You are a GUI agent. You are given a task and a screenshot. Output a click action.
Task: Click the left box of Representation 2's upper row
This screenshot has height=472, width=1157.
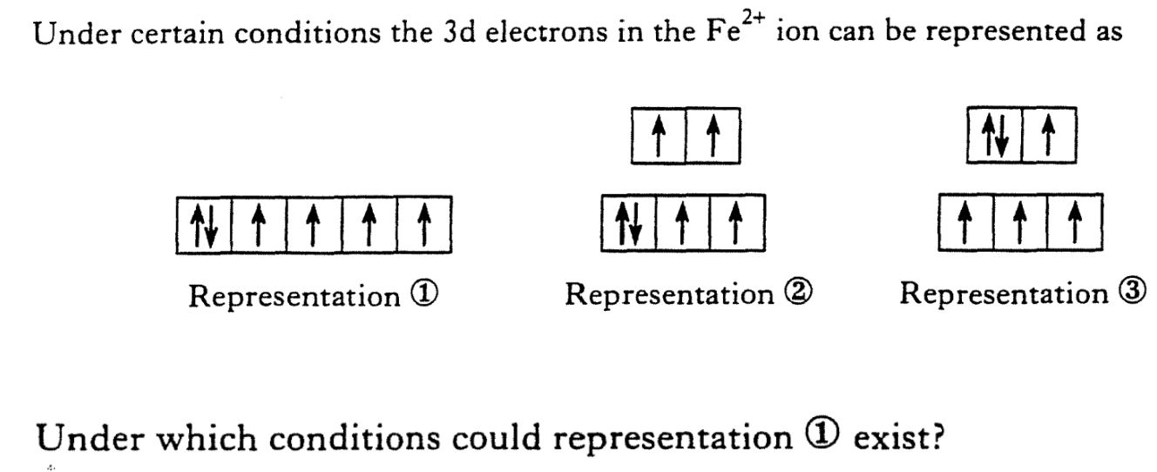pos(660,138)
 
